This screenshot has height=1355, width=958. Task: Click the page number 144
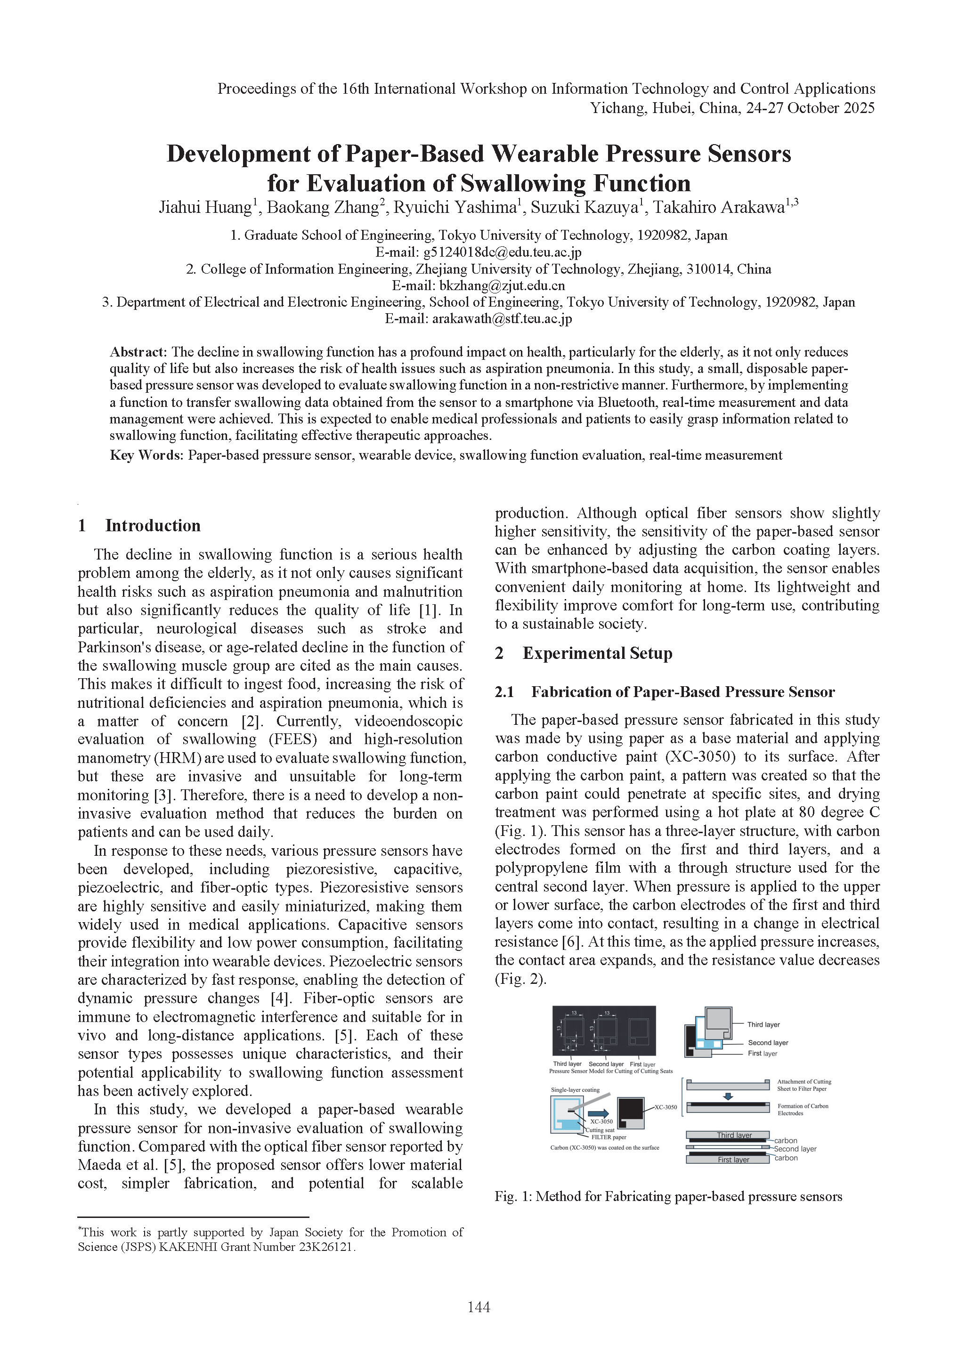point(479,1307)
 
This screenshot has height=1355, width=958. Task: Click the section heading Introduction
point(153,525)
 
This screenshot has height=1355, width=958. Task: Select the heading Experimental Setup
point(597,653)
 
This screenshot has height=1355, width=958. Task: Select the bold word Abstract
point(138,352)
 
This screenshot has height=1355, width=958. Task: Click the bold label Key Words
point(146,455)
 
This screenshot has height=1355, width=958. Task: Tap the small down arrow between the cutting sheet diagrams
point(728,1096)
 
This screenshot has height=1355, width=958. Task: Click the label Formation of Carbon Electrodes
point(803,1110)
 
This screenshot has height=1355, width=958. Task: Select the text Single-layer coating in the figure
point(575,1089)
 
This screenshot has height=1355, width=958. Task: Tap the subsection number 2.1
point(504,692)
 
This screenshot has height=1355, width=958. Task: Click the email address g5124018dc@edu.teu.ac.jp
point(503,252)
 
